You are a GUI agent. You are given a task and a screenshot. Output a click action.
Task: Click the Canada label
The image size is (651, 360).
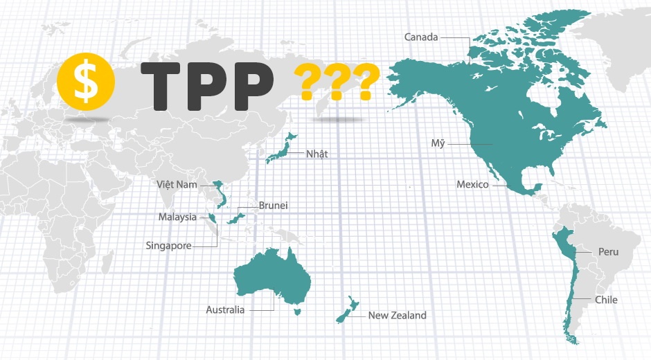(421, 37)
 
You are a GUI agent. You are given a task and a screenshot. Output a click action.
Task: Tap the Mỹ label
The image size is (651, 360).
(436, 144)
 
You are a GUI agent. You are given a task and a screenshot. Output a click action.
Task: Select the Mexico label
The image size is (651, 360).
(472, 185)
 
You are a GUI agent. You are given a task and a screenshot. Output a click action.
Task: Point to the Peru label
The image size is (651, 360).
(608, 252)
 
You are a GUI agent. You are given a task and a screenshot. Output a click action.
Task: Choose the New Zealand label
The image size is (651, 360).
(397, 316)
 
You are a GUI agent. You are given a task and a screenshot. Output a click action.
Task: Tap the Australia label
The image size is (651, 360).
(225, 310)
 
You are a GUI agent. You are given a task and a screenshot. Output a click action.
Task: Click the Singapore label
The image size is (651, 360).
(168, 245)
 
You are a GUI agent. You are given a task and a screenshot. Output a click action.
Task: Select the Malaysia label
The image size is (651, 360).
(177, 217)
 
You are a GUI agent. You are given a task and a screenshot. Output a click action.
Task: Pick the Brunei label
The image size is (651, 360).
(273, 206)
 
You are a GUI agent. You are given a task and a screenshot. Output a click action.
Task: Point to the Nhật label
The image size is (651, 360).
(317, 154)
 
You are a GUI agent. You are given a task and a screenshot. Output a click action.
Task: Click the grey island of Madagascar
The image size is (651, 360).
(107, 262)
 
